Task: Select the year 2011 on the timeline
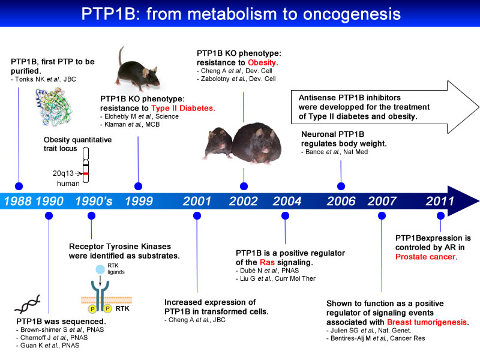[x=440, y=201]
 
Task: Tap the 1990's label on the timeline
[x=94, y=201]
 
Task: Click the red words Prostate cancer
[x=425, y=257]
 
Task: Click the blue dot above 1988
[x=19, y=185]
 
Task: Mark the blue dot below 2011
[x=440, y=215]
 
